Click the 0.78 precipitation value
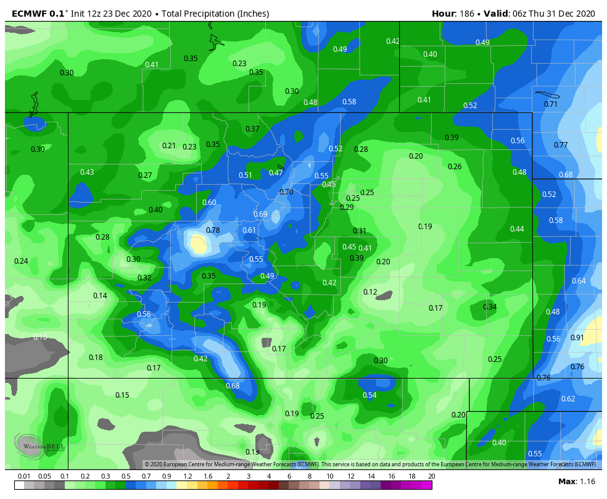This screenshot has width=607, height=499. click(212, 230)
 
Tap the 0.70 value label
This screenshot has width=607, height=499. click(286, 192)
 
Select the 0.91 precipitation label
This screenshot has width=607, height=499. click(577, 338)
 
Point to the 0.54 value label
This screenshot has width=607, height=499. click(370, 395)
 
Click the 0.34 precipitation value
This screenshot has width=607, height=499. click(490, 307)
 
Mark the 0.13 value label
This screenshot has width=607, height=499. click(252, 452)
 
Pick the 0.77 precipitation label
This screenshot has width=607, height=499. click(561, 145)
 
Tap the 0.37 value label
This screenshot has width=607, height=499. click(252, 129)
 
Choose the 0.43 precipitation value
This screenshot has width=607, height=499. click(87, 172)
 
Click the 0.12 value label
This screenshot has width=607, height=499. click(370, 292)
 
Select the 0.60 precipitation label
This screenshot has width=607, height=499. click(209, 203)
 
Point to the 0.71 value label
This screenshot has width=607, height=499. click(551, 104)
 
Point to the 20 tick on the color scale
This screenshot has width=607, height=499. click(431, 476)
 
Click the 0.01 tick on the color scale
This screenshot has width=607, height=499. click(25, 476)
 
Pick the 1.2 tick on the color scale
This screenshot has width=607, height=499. click(188, 476)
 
